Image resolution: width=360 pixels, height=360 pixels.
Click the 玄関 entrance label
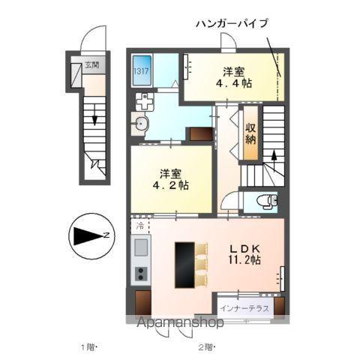91,65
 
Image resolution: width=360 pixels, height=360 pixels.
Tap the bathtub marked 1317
142,72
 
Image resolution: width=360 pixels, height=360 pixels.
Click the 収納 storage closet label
250,133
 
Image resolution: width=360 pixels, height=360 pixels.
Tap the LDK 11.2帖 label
244,253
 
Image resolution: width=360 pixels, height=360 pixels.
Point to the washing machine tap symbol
143,101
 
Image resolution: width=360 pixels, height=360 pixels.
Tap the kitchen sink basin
140,246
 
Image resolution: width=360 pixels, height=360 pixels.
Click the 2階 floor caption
206,346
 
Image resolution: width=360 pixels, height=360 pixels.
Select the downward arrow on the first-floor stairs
95,116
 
